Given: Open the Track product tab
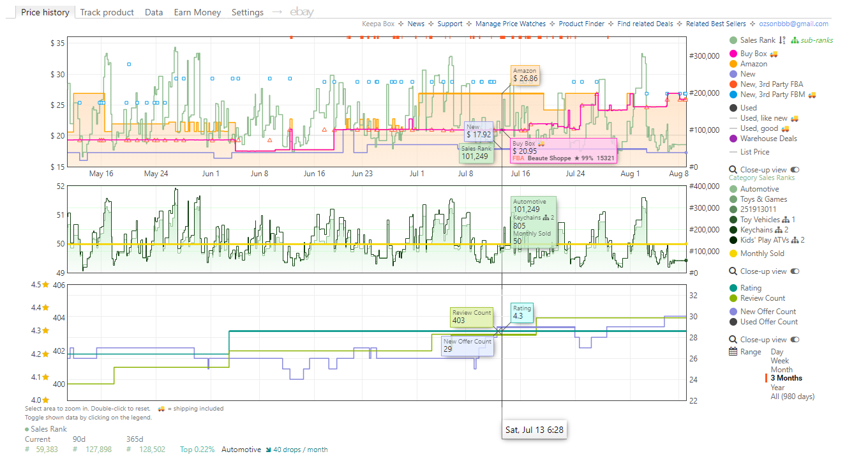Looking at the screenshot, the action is tap(107, 12).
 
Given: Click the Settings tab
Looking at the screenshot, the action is tap(248, 12).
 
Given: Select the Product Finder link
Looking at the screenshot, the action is tap(581, 24).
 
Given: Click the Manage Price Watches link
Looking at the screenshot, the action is tap(511, 24).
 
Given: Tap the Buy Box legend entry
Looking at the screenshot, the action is tap(753, 54).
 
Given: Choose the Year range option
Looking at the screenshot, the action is tap(777, 388).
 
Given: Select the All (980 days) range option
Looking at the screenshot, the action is tap(792, 397).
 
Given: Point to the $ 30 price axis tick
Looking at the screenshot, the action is tap(57, 74).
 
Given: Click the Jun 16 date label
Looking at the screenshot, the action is tap(314, 174).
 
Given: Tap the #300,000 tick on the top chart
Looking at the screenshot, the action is tap(704, 56).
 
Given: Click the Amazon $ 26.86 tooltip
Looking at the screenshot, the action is tap(525, 75).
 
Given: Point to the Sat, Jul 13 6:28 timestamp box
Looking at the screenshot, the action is tap(534, 430).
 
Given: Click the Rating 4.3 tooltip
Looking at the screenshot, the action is tap(521, 312).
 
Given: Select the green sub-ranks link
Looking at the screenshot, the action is tap(812, 40).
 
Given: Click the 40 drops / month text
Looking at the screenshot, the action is tap(297, 450).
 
